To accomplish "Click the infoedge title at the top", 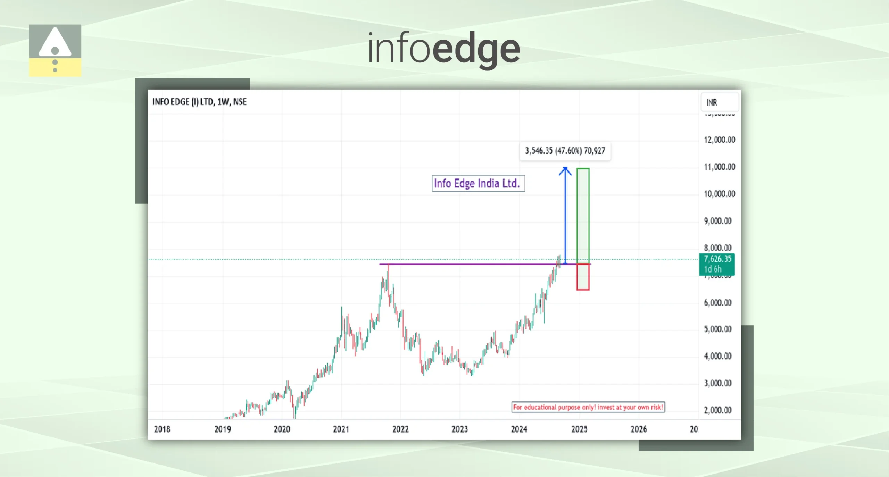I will (x=443, y=49).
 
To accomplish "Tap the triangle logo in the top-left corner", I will (x=55, y=50).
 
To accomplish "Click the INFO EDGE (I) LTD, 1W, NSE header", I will (x=199, y=102).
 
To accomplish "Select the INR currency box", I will (x=719, y=102).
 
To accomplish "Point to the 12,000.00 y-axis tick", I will (x=719, y=140).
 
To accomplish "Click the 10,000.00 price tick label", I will (x=719, y=194).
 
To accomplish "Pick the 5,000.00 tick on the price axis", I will (x=717, y=329).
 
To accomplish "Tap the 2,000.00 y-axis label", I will (x=717, y=410).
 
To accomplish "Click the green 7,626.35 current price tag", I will (x=717, y=264).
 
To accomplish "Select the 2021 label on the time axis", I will (x=341, y=429).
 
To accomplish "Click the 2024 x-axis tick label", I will (x=519, y=429).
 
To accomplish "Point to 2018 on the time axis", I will (x=162, y=429).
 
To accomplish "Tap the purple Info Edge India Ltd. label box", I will (x=478, y=183).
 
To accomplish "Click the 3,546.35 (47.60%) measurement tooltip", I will (x=565, y=151).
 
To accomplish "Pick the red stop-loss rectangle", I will (x=583, y=277).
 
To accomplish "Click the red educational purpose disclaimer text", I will (x=588, y=407).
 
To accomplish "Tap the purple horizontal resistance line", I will (x=469, y=264).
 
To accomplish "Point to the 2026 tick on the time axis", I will (x=639, y=429).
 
